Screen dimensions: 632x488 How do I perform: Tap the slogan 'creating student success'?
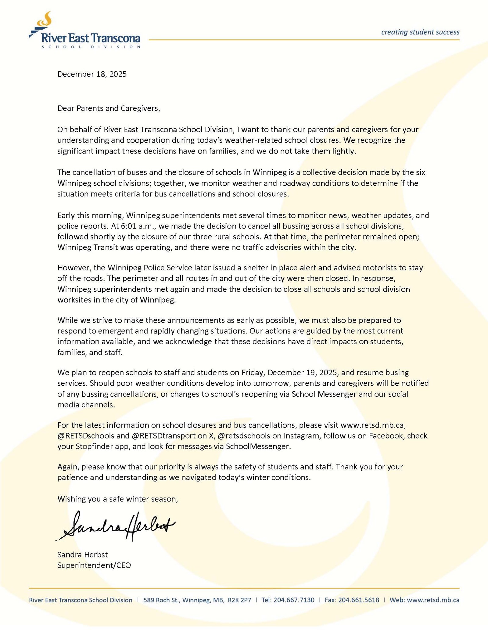tap(420, 32)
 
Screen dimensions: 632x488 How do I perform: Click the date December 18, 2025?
tap(92, 74)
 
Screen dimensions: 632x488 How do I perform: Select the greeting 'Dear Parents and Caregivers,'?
tap(109, 108)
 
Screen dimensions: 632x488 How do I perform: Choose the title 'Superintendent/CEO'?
tap(94, 565)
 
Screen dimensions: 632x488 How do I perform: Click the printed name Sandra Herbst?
tap(82, 554)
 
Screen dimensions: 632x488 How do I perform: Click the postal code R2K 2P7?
tap(239, 600)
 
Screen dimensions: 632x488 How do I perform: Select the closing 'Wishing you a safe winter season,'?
tap(117, 499)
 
